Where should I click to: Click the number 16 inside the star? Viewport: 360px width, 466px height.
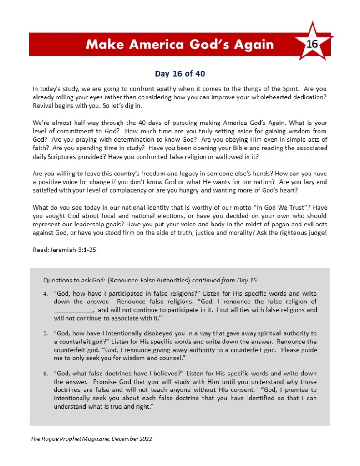coord(312,44)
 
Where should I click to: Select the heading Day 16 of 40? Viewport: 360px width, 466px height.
coord(180,73)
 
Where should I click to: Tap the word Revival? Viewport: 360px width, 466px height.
coord(45,106)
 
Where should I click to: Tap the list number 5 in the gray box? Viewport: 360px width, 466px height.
coord(45,333)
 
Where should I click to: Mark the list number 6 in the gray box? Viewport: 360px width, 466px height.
coord(45,374)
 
